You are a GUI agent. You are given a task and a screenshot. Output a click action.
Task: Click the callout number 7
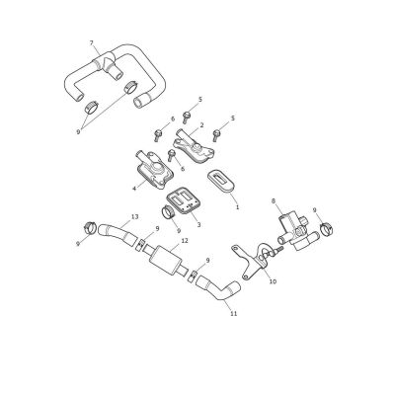[92, 43]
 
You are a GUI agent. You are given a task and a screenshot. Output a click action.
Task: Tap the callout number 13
[134, 217]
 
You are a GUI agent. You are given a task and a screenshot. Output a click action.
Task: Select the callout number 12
[185, 241]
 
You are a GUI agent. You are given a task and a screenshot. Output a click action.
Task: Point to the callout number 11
[234, 314]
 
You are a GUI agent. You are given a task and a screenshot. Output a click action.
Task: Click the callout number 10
[273, 281]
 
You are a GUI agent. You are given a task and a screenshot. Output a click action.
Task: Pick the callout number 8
[274, 200]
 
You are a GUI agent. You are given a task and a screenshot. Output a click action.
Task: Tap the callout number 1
[237, 207]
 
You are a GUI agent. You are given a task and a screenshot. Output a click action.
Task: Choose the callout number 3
[198, 225]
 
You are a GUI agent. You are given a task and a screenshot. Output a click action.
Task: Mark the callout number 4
[134, 189]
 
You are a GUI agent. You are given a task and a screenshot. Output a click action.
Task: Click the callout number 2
[201, 125]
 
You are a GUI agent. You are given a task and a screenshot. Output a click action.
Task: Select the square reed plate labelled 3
[183, 199]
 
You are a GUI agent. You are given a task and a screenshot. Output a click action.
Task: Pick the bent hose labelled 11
[218, 289]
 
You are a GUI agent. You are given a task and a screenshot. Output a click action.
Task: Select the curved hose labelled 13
[117, 232]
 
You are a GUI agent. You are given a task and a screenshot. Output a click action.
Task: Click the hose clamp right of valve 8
[327, 229]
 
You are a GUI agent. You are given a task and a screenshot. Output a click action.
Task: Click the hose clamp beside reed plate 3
[169, 211]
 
